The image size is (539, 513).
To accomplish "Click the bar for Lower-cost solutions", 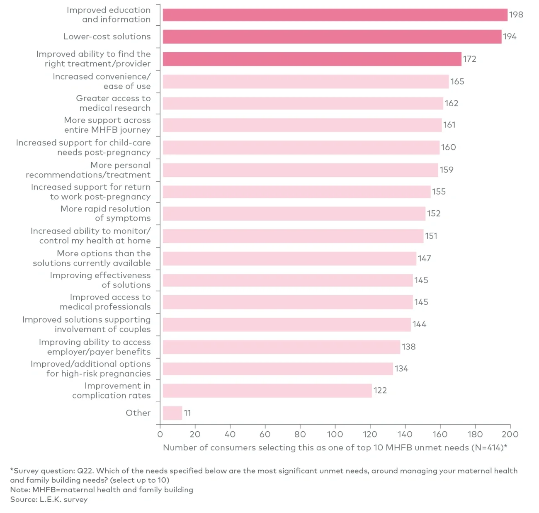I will (332, 36).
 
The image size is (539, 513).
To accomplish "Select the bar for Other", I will (172, 413).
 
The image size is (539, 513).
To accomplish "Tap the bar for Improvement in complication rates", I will (267, 391).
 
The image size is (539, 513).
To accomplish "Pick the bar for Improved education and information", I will (335, 15).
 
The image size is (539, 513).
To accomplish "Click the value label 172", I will (469, 59).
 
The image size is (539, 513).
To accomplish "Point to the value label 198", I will (516, 15).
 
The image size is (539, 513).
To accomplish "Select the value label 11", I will (187, 413).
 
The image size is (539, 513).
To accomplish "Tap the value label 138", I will (408, 347).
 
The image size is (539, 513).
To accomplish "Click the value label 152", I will (434, 214).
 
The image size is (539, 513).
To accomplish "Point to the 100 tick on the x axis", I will (335, 434).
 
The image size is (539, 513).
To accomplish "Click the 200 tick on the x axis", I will (510, 434).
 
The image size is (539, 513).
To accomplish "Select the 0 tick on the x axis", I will (160, 434).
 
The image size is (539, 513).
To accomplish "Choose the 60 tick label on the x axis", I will (265, 434).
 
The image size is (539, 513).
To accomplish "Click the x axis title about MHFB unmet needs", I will (335, 447).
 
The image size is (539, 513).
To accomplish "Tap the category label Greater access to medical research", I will (113, 103).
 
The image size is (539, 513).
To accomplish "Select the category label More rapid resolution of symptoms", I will (106, 214).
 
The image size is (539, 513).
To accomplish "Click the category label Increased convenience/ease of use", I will (102, 81).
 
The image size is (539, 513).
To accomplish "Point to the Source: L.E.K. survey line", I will (49, 499).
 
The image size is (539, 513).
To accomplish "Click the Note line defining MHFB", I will (102, 490).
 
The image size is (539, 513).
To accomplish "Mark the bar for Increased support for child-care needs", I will (301, 148).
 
